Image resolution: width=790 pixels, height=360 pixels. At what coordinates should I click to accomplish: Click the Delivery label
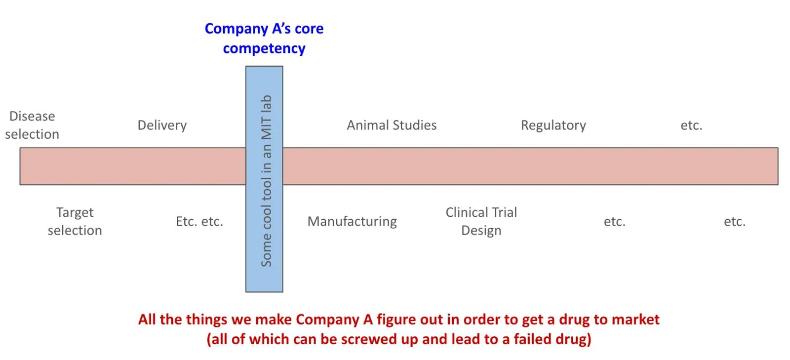click(x=162, y=125)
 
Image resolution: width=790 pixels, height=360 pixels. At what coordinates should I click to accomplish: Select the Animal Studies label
click(x=392, y=125)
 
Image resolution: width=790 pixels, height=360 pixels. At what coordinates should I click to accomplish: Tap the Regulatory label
click(x=553, y=125)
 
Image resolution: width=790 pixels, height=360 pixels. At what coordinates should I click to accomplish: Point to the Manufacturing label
click(x=352, y=221)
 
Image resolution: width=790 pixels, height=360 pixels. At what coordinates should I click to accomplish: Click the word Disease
click(x=32, y=116)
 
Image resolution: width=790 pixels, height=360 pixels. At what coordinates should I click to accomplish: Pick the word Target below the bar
click(x=75, y=213)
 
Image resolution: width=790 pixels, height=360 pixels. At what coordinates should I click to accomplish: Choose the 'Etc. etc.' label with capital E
click(x=199, y=221)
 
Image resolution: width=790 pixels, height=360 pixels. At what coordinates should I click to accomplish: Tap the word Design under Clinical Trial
click(x=481, y=231)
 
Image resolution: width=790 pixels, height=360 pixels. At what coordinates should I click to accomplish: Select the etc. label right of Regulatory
click(x=691, y=125)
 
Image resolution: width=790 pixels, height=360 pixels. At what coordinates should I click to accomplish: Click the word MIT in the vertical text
click(x=266, y=128)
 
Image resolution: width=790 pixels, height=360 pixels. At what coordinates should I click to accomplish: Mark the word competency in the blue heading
click(x=264, y=49)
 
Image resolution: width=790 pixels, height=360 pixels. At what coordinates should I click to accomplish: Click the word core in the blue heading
click(x=309, y=29)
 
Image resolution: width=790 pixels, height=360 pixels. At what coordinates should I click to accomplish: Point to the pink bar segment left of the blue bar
click(x=133, y=166)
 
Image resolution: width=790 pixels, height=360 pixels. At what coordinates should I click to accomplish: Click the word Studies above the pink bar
click(x=414, y=125)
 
